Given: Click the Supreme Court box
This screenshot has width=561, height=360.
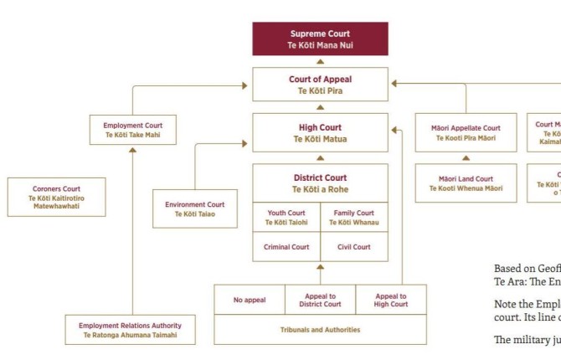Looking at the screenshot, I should [320, 39].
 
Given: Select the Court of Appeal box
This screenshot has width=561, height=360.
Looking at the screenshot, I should [320, 85].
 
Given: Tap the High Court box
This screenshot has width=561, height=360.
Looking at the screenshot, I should [320, 133].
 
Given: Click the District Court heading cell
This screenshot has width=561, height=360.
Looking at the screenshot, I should [320, 183].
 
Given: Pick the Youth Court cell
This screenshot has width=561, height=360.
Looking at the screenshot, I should [286, 218].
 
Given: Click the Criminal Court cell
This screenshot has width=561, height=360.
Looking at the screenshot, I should [286, 247].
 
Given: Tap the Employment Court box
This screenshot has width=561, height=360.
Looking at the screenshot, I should [132, 130].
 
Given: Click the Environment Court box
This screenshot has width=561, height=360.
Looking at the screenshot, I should [194, 208].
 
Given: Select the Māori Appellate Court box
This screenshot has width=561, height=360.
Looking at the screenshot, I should [466, 132].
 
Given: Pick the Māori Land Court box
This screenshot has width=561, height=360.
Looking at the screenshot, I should [466, 183].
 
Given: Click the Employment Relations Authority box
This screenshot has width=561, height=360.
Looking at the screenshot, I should [131, 330].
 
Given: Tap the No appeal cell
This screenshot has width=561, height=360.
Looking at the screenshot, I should [250, 299].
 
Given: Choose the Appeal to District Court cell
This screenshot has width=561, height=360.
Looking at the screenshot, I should [320, 299].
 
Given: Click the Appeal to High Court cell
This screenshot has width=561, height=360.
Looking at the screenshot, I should [391, 299].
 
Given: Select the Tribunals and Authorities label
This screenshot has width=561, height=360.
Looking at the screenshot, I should [320, 330].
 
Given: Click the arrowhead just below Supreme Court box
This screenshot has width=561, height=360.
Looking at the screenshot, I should [320, 61].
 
